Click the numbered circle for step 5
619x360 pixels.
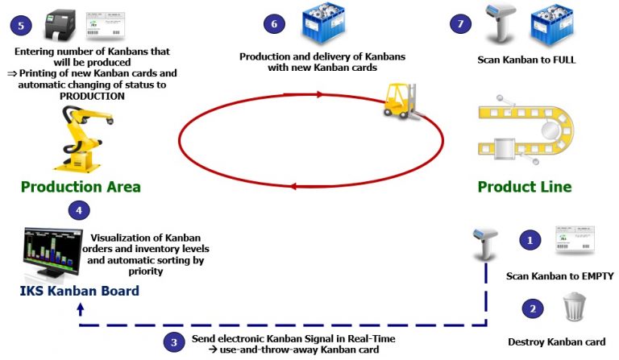point(20,25)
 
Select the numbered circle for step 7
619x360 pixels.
point(459,25)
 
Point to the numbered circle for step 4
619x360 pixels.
point(78,211)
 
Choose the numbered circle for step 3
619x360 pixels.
point(173,342)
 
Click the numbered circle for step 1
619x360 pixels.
point(530,240)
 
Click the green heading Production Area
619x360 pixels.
point(81,187)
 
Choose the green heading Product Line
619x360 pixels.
point(525,187)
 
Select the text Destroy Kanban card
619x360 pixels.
point(556,341)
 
